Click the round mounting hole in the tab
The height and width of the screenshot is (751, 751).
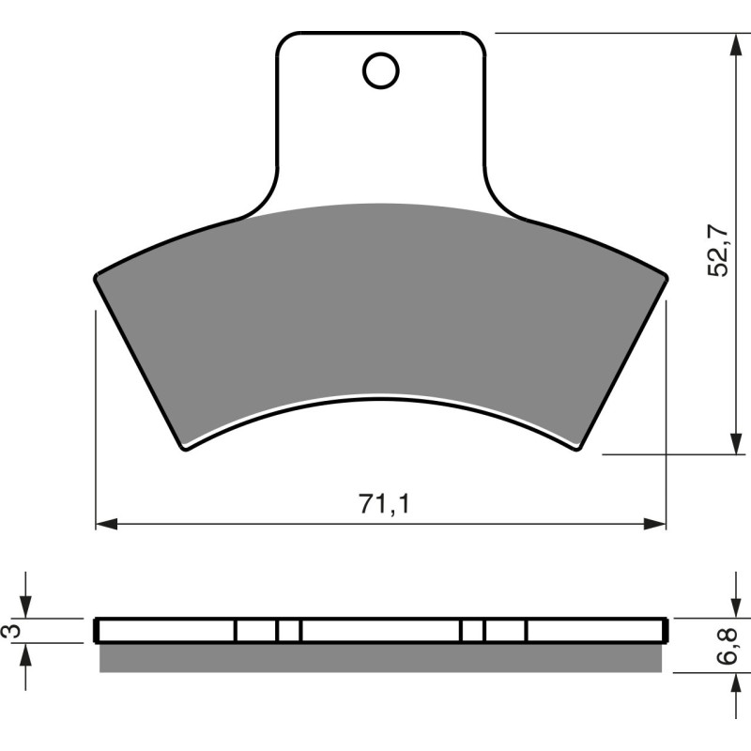pos(381,70)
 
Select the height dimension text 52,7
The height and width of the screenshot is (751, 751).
pos(717,250)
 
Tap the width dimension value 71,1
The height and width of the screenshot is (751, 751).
pos(382,504)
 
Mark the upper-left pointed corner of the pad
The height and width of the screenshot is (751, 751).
pos(97,276)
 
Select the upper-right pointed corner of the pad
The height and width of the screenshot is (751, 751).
pos(667,276)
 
